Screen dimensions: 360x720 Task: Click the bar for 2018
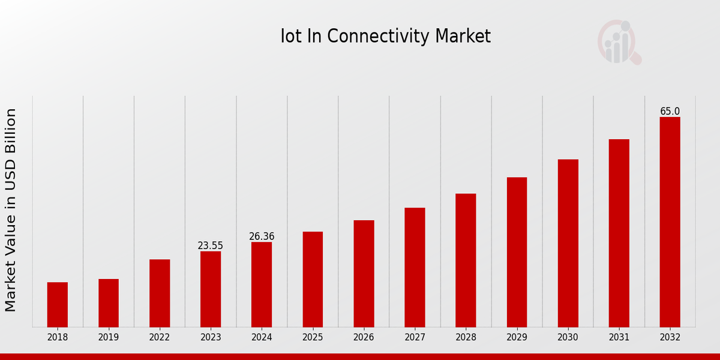point(58,304)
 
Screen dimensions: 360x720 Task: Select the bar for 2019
point(109,303)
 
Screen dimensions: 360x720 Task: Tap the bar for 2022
point(160,293)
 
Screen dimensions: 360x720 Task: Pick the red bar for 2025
point(313,279)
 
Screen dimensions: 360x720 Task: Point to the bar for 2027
point(415,267)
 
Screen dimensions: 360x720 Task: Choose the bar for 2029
point(517,252)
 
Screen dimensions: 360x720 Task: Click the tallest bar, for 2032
point(670,222)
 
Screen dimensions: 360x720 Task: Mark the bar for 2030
point(568,243)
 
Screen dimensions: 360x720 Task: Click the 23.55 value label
point(211,246)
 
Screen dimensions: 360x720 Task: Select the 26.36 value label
point(262,236)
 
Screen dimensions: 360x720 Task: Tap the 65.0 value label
point(670,112)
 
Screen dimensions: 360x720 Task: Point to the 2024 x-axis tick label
point(262,338)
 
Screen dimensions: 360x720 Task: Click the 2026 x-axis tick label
point(364,338)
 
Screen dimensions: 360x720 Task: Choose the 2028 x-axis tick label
point(466,338)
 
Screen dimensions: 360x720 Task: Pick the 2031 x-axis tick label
point(619,338)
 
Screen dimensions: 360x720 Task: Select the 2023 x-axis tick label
point(211,338)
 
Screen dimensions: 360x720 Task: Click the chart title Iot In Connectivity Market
point(385,37)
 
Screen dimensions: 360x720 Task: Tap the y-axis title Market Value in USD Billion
point(11,210)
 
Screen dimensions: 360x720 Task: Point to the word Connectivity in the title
point(379,37)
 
